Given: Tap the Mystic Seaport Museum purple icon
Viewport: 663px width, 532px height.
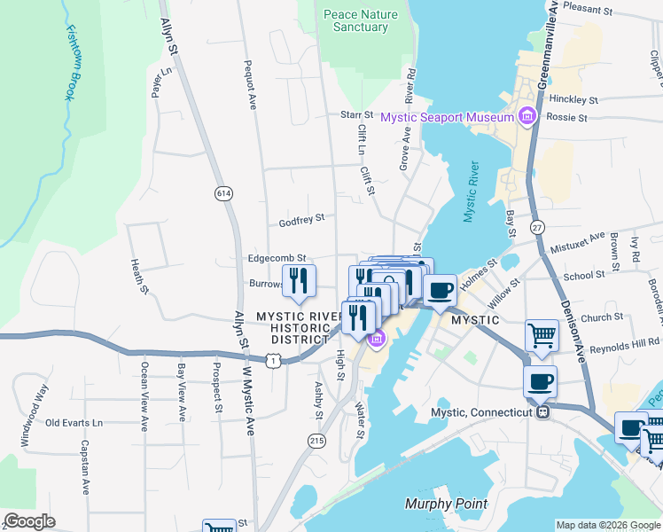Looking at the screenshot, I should pyautogui.click(x=527, y=116).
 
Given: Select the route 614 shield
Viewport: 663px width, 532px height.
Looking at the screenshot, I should pyautogui.click(x=222, y=192).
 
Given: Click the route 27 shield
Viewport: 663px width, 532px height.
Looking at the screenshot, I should pyautogui.click(x=537, y=228).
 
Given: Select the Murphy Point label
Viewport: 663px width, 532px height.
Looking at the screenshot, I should pyautogui.click(x=446, y=505).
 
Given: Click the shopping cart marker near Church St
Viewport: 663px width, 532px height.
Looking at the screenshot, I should pyautogui.click(x=542, y=335).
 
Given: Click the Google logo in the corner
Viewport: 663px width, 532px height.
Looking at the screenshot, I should pyautogui.click(x=29, y=521).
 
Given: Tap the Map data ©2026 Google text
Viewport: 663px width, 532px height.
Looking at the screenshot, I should pyautogui.click(x=607, y=525).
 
